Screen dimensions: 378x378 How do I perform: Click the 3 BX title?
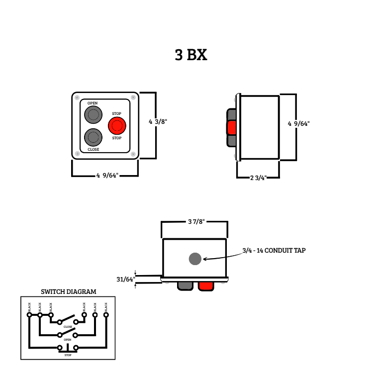[x=190, y=55]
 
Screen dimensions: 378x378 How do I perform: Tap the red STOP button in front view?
[x=117, y=125]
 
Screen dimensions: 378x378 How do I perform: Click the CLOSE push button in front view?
[x=93, y=136]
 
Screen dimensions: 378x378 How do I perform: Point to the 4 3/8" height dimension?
[x=158, y=122]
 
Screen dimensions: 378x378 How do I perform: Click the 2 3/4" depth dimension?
[x=258, y=178]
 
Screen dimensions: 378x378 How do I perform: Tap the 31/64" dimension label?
[x=125, y=280]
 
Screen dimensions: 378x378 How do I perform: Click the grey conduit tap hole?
[x=195, y=259]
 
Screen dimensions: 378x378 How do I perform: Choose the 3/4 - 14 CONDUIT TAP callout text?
[x=274, y=251]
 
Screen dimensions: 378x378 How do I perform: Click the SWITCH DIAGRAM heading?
[x=68, y=292]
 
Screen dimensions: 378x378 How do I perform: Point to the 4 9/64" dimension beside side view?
[x=298, y=124]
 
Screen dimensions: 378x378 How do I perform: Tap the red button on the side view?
[x=231, y=128]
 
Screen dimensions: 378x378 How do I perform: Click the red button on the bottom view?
[x=206, y=285]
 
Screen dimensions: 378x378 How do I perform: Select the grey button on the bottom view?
[x=185, y=285]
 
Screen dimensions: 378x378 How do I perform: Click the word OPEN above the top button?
[x=93, y=103]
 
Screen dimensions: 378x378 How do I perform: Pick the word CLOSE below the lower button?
[x=93, y=149]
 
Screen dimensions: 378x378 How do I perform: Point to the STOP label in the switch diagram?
[x=68, y=355]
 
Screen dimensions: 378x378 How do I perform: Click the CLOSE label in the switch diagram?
[x=68, y=327]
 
